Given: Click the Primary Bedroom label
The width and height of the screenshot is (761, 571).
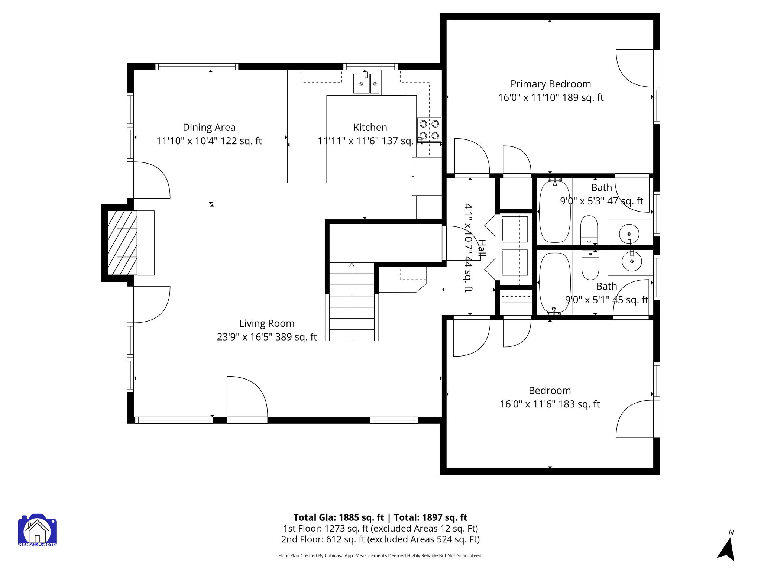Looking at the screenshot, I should pos(550,84).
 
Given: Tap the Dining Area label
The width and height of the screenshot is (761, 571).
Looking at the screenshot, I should pos(209,128).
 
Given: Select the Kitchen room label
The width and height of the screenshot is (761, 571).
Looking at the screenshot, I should pos(370,128).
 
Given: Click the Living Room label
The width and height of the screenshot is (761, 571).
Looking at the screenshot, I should pos(267,323).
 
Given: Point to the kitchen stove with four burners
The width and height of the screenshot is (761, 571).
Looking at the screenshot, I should pos(429,130).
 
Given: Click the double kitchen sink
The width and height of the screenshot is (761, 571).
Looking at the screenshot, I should pos(366,83).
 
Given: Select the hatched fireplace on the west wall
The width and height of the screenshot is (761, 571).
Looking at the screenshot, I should pos(122,243).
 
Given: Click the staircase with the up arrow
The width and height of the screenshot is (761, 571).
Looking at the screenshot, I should pos(352,301).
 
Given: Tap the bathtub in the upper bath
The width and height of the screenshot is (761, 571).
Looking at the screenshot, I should pos(554,212).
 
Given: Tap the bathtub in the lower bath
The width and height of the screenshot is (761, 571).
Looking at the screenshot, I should pos(554,283).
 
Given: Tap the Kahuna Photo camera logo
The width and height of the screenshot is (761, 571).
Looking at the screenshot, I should pos(37,530).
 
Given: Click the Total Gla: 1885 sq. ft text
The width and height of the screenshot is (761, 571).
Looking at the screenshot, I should pos(338,517).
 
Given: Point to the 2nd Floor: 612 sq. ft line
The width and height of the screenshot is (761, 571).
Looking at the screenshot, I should pos(380,539).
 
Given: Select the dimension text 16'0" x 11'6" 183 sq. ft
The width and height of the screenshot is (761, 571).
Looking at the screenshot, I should pos(550,404).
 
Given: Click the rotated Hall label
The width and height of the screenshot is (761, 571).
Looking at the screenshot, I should pos(482,249).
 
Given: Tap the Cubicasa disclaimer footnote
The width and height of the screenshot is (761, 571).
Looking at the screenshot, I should pos(380,556).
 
